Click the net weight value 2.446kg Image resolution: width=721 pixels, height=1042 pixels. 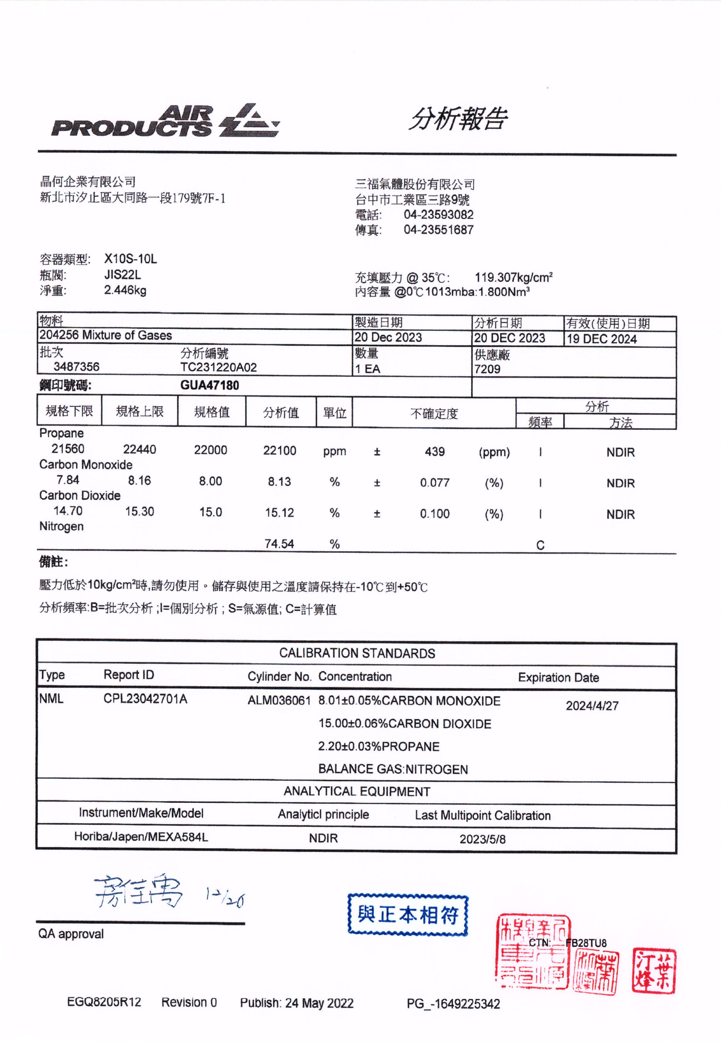click(125, 290)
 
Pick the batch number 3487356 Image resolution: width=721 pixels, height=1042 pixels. click(76, 367)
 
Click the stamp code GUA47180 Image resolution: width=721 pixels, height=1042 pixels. click(210, 385)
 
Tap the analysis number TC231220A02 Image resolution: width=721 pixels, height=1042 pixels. click(219, 367)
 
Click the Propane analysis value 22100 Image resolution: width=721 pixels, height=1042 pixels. click(280, 450)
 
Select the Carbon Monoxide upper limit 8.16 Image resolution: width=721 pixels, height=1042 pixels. click(139, 481)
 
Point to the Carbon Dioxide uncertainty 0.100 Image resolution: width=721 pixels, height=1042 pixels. click(435, 514)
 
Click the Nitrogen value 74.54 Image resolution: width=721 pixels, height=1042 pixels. click(279, 544)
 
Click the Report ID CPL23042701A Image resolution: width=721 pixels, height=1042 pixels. click(145, 699)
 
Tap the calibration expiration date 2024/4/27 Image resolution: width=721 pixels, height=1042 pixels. click(592, 706)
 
